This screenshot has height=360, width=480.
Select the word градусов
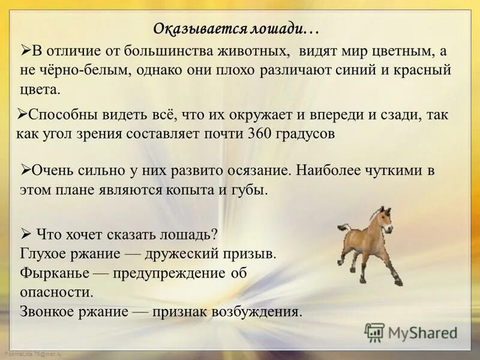305,133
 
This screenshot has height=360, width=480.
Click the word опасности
57,293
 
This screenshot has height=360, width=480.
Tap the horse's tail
344,228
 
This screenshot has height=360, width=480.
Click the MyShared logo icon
374,332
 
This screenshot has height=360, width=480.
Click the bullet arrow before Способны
23,112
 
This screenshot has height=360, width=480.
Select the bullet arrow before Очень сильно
26,169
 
